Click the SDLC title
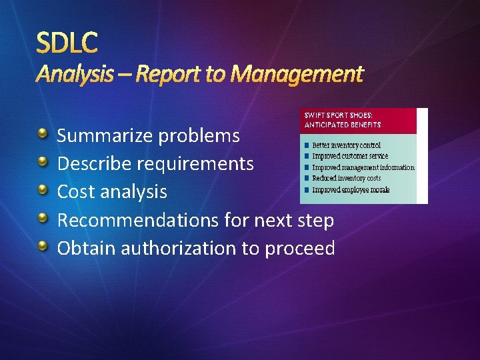point(67,43)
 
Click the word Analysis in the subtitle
point(74,74)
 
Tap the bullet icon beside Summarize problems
point(43,135)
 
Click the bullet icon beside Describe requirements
point(43,163)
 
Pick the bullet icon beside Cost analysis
point(43,191)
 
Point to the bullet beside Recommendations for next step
point(43,219)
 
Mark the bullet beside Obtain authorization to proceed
point(43,247)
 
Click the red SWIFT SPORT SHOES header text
point(342,119)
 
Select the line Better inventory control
point(346,145)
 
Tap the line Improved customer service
point(350,156)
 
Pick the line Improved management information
point(363,167)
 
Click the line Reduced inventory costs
point(346,179)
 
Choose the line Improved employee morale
point(351,190)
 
